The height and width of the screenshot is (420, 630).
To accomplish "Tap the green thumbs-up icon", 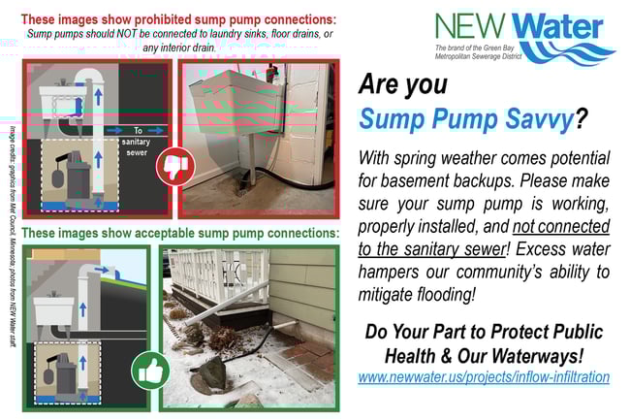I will click(x=152, y=370).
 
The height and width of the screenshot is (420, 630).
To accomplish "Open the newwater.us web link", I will click(x=484, y=376).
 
